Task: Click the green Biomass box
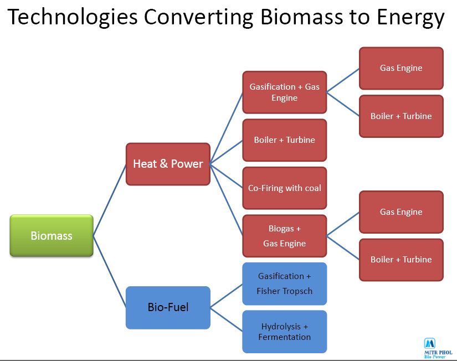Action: (x=52, y=236)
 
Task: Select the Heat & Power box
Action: (x=168, y=164)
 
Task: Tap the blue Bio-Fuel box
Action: (x=168, y=307)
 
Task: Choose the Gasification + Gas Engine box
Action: (x=284, y=92)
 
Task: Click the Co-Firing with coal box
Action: (x=284, y=188)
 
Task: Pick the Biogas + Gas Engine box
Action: (x=284, y=236)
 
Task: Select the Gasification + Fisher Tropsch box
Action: (x=284, y=283)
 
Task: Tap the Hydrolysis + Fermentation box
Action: (x=284, y=332)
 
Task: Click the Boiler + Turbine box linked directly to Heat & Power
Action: (x=284, y=140)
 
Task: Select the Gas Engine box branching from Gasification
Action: (x=401, y=68)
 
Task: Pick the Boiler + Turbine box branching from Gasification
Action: (x=401, y=116)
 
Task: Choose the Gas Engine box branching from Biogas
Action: (x=401, y=212)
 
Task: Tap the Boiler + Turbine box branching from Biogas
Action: (x=401, y=260)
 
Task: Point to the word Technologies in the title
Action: (x=72, y=18)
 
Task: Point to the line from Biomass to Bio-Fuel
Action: (x=110, y=272)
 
